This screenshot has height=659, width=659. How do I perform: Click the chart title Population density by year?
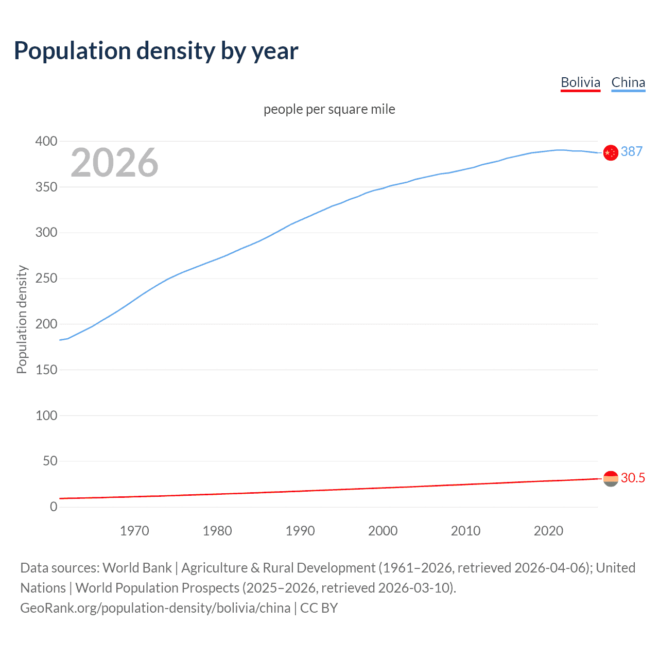tap(156, 51)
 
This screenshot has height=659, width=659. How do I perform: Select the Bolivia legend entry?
tap(580, 82)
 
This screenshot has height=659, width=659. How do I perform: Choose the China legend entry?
tap(628, 82)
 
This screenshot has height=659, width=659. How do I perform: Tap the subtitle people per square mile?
tap(329, 109)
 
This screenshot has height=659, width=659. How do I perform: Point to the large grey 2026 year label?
tap(114, 163)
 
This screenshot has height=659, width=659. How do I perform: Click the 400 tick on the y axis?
tap(46, 141)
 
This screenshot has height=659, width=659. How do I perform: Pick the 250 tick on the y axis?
tap(46, 278)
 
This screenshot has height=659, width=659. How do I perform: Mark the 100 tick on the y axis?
tap(46, 415)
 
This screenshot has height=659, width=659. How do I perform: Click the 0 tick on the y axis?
tap(54, 507)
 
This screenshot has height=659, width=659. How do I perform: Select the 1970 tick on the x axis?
tap(134, 531)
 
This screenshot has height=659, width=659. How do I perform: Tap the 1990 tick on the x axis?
tap(300, 531)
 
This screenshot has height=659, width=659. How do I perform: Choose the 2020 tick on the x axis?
tap(548, 531)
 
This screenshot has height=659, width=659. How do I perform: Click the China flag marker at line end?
tap(611, 153)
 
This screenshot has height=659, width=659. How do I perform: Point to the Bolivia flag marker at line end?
tap(611, 479)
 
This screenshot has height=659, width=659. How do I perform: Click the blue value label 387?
tap(632, 151)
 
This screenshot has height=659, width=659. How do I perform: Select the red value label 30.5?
tap(633, 478)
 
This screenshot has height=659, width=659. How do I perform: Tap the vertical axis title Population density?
tap(22, 319)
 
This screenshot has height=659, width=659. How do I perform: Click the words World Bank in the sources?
tap(137, 568)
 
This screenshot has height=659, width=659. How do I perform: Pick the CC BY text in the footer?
tap(319, 608)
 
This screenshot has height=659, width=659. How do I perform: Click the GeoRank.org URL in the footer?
tap(155, 608)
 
